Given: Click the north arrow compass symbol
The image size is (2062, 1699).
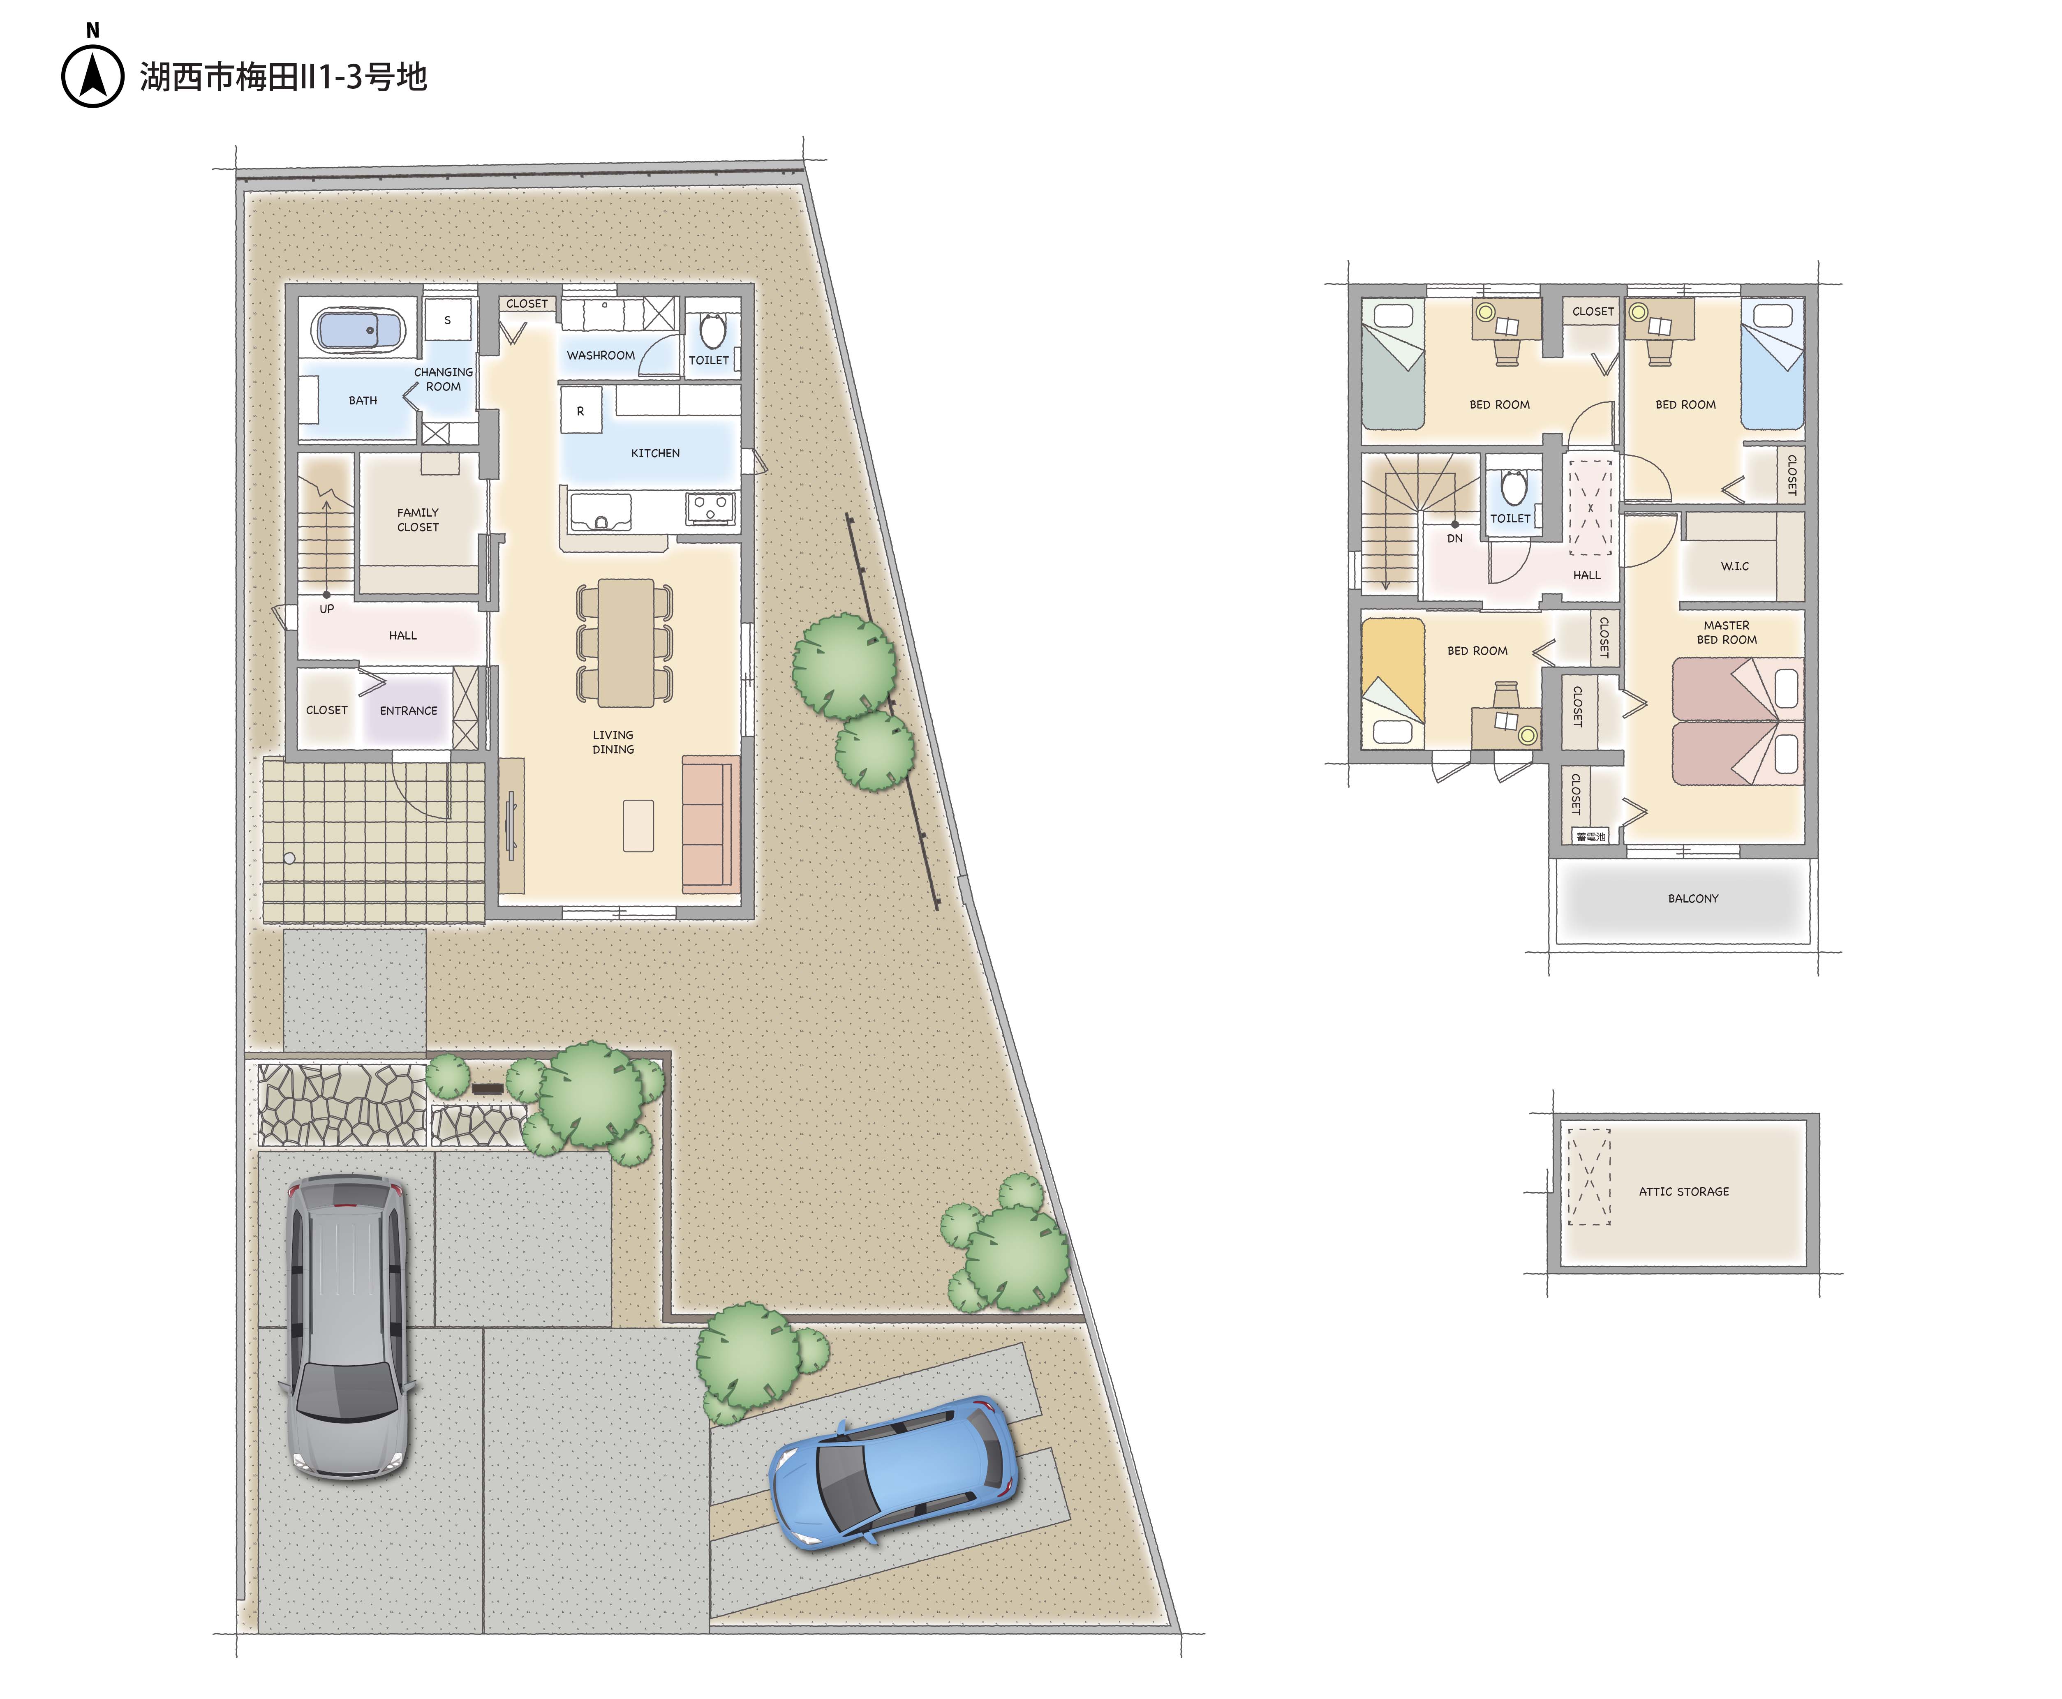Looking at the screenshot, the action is coord(93,76).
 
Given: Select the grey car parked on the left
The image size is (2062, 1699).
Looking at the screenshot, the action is coord(348,1328).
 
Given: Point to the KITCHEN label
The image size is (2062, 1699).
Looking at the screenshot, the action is coord(655,453).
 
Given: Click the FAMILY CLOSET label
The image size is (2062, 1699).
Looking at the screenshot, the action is coord(418,519).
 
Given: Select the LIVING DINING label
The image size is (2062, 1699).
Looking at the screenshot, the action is coord(613,742).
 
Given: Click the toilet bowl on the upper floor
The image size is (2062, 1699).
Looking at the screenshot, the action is coord(1514,487).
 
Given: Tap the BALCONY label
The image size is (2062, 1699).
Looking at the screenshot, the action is coord(1693,898).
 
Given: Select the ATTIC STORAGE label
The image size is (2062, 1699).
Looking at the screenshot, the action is coord(1684,1191).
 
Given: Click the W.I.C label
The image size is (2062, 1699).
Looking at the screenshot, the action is coord(1734,566).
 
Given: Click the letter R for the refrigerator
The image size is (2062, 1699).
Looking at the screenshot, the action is coord(580,411).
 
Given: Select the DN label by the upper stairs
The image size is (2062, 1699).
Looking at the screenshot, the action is coord(1455,538).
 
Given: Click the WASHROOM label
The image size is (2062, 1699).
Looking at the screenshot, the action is coord(600,355).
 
